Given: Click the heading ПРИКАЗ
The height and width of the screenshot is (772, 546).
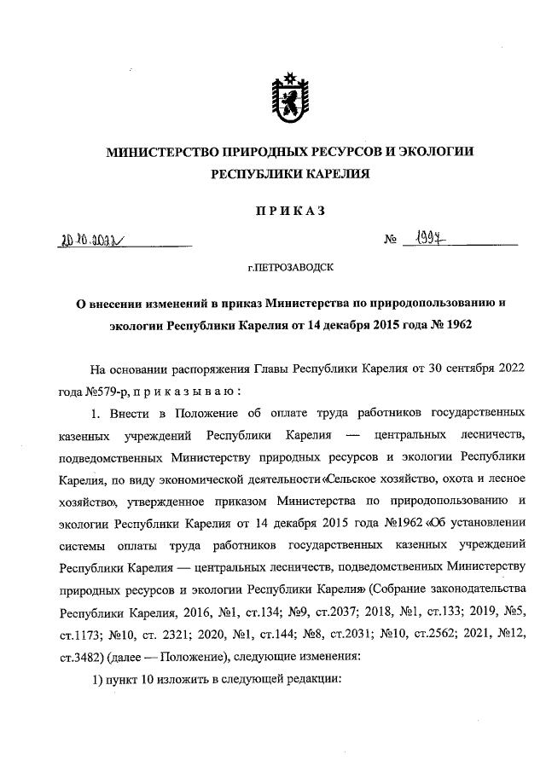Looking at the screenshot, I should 288,212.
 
